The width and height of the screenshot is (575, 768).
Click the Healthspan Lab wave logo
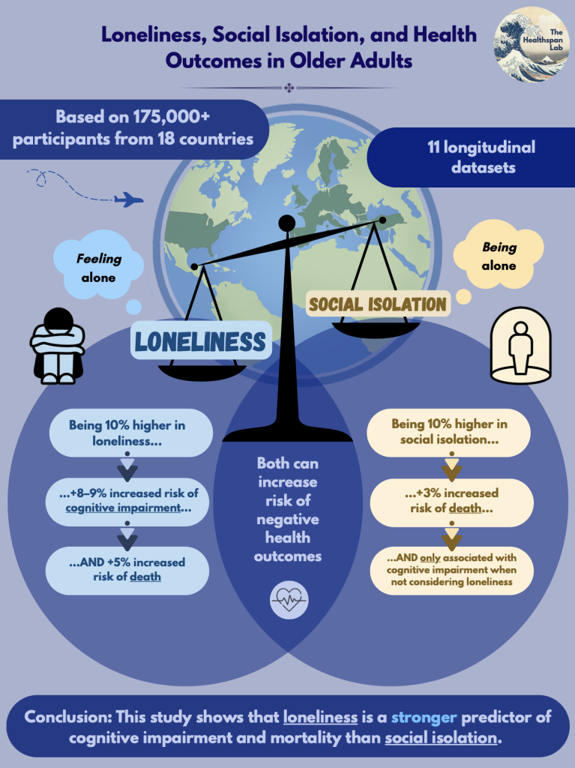pyautogui.click(x=532, y=44)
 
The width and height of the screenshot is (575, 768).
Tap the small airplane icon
pyautogui.click(x=128, y=199)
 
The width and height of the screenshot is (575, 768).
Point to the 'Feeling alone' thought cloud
pyautogui.click(x=98, y=265)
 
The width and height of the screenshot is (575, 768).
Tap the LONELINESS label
pyautogui.click(x=201, y=341)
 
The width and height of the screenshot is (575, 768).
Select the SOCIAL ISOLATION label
pyautogui.click(x=378, y=304)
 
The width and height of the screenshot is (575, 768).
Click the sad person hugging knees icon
pyautogui.click(x=58, y=346)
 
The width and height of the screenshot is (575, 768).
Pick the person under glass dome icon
pyautogui.click(x=520, y=345)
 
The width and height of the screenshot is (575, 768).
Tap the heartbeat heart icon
pyautogui.click(x=289, y=598)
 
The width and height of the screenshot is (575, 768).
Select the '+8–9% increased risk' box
pyautogui.click(x=127, y=501)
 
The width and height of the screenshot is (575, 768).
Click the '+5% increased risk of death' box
pyautogui.click(x=127, y=570)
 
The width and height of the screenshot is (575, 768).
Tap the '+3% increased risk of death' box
pyautogui.click(x=451, y=501)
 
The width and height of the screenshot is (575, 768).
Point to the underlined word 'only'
pyautogui.click(x=430, y=558)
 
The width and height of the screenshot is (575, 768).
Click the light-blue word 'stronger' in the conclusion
pyautogui.click(x=424, y=717)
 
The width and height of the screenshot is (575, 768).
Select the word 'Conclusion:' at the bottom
pyautogui.click(x=67, y=717)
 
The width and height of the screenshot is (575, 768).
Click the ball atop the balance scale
pyautogui.click(x=286, y=223)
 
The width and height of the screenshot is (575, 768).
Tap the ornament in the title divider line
pyautogui.click(x=289, y=88)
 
